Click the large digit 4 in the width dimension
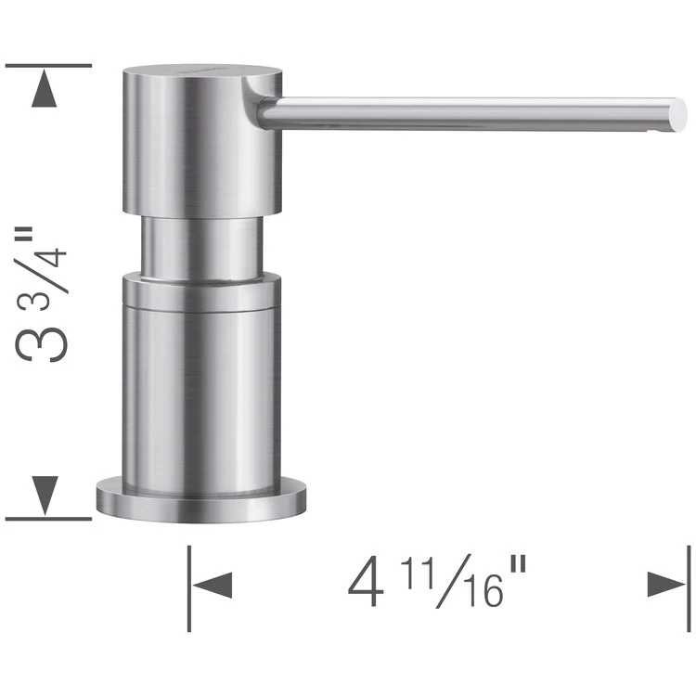366,584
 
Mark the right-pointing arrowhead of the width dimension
664,585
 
